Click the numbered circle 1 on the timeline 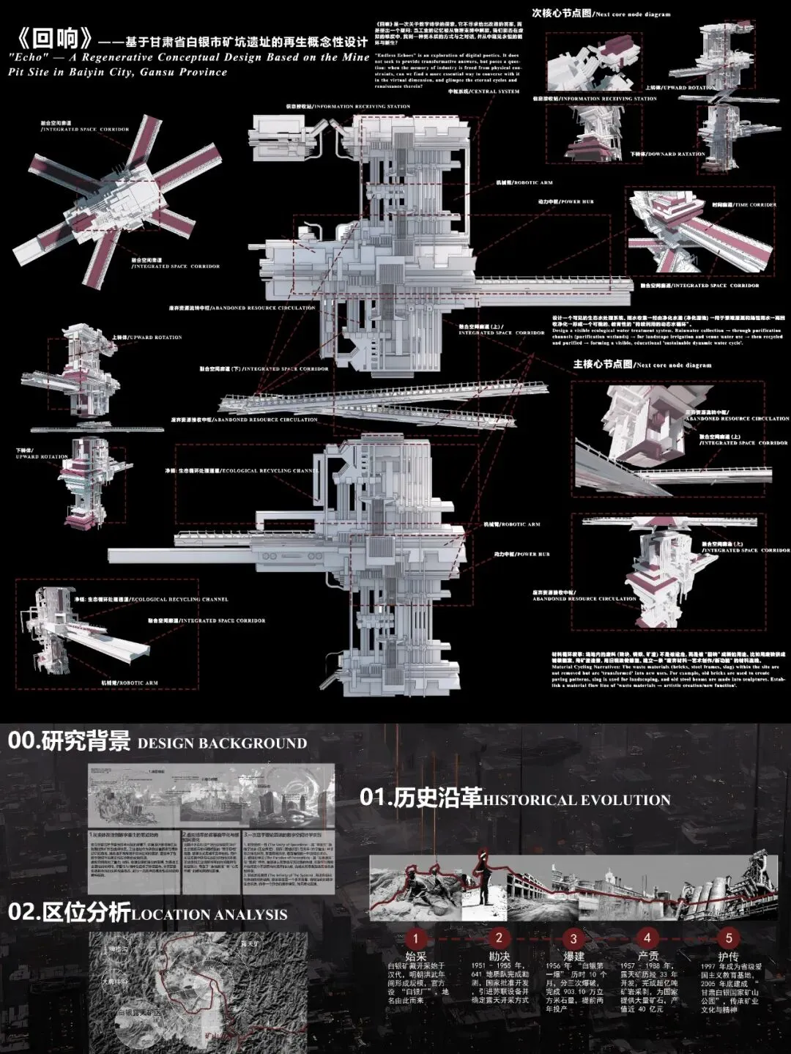click(415, 939)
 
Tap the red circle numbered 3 click(573, 939)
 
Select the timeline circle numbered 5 click(728, 938)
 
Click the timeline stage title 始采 click(415, 957)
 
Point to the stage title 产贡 click(647, 957)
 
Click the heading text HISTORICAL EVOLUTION click(576, 800)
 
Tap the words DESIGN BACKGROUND click(222, 743)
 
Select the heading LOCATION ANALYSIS click(209, 914)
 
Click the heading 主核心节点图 click(602, 363)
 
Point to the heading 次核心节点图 click(561, 13)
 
